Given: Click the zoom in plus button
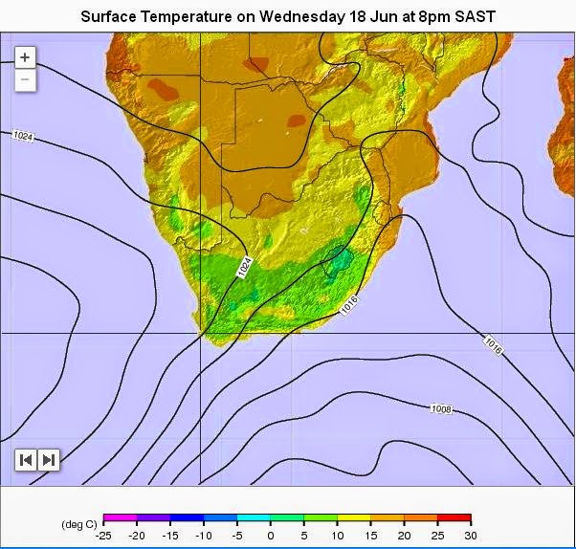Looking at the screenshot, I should coord(25,57).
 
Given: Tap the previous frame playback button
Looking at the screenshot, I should coord(27,460).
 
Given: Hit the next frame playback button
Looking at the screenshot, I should coord(49,460).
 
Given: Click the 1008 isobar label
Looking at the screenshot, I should coord(441,409).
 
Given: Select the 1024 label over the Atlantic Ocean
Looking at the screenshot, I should coord(23,137).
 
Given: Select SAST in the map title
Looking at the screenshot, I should coord(475,17).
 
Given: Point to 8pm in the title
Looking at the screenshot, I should coord(432,17).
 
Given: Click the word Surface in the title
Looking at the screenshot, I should coord(108,17).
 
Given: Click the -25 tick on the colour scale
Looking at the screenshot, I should coord(104,535).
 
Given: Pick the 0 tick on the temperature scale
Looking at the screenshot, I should coord(271,535).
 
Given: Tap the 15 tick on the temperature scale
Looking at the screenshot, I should coord(371,535).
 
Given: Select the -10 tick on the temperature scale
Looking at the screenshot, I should coord(204,535).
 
